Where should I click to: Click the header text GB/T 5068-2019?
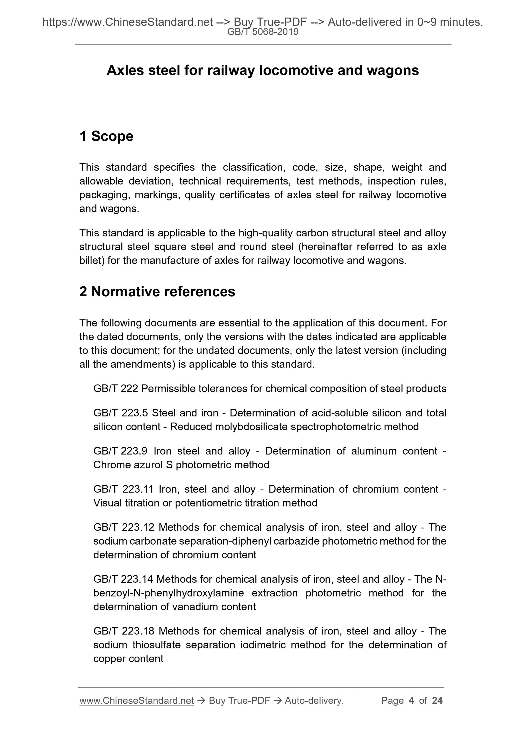tap(262, 32)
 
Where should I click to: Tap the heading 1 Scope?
tap(106, 136)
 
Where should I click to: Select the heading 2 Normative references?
tap(157, 291)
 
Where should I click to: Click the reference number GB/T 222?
tap(115, 388)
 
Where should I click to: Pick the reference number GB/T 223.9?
tap(120, 451)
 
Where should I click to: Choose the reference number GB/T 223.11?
tap(123, 489)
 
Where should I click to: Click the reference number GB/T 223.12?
tap(124, 527)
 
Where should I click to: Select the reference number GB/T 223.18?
tap(124, 631)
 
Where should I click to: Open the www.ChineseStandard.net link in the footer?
tap(137, 701)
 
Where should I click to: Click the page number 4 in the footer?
tap(411, 701)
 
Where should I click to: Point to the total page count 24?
tap(437, 701)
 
